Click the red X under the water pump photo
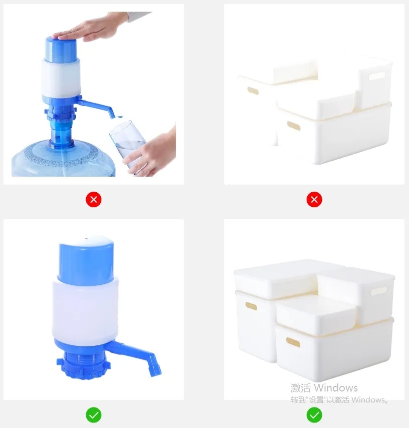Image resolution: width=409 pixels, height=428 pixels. [94, 200]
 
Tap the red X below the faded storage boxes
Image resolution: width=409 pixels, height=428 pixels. [314, 200]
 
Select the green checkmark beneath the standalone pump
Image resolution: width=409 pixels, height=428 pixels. [94, 415]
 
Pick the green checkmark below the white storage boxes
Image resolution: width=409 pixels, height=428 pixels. [314, 415]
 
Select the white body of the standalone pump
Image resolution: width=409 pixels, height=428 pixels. [85, 310]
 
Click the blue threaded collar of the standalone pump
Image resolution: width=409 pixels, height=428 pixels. [83, 364]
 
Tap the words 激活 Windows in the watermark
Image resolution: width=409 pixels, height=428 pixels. [324, 387]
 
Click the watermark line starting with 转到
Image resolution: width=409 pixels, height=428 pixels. [339, 399]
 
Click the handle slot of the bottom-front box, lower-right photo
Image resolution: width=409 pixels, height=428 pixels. [293, 342]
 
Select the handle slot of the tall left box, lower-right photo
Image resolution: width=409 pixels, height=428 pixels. [251, 306]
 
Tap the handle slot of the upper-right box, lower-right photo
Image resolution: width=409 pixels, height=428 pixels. [378, 291]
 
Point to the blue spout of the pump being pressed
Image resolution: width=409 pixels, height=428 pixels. [96, 107]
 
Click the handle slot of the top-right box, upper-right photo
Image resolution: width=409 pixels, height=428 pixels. [377, 76]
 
